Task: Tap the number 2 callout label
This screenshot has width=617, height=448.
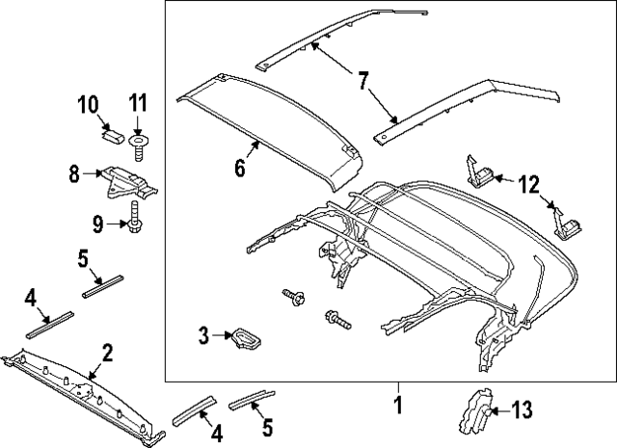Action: (x=108, y=353)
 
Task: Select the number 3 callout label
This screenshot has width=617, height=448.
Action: (x=203, y=335)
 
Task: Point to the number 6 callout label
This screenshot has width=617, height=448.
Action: (x=239, y=169)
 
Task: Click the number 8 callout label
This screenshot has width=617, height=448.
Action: (x=74, y=175)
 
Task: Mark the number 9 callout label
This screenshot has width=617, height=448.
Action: (x=97, y=224)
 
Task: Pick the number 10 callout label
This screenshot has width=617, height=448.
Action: (x=87, y=102)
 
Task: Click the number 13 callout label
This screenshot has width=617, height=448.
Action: (x=521, y=411)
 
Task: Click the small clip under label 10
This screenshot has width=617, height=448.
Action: (x=111, y=136)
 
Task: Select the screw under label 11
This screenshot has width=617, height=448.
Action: (x=138, y=145)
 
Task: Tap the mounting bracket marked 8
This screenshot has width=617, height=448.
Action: (x=128, y=183)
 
